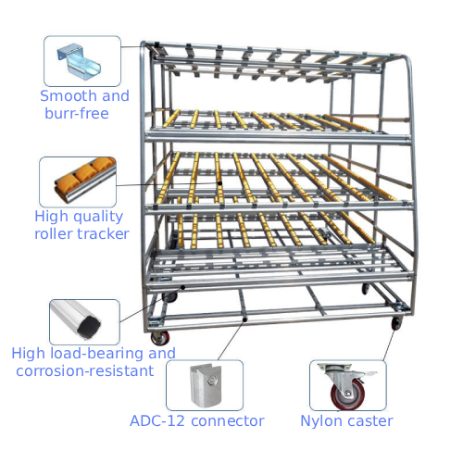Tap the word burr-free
77,113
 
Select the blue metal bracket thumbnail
79,61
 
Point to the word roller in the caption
52,233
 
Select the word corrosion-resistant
85,370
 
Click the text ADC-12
157,420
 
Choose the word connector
228,421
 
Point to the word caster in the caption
367,421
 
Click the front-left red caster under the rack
160,338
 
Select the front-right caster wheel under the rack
396,323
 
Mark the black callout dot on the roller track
219,183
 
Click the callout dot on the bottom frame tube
183,287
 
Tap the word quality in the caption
99,217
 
